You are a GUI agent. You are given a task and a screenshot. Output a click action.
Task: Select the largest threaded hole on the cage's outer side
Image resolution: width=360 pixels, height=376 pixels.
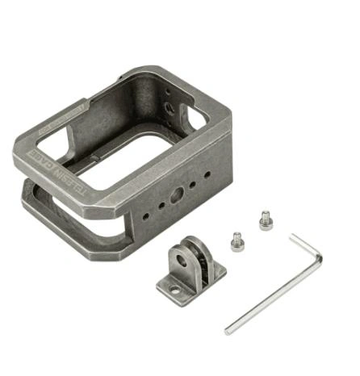(x=176, y=198)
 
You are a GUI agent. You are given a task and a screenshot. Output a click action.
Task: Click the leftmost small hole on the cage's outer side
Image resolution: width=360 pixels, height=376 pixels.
(x=145, y=216)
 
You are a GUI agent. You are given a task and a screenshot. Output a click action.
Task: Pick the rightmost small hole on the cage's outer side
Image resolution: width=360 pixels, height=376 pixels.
(x=207, y=174)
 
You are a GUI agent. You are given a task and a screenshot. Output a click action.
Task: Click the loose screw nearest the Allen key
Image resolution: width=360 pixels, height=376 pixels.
(x=265, y=219)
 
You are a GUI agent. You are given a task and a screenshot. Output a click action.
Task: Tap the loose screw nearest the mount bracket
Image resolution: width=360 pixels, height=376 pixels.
(x=237, y=240)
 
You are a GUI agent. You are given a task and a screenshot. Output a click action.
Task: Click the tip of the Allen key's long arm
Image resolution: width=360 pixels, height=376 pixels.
(x=229, y=330)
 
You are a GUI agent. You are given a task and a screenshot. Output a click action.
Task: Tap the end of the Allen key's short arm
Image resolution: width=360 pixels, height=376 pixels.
(x=293, y=236)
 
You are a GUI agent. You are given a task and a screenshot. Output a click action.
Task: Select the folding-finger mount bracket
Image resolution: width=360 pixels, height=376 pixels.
(x=187, y=271)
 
